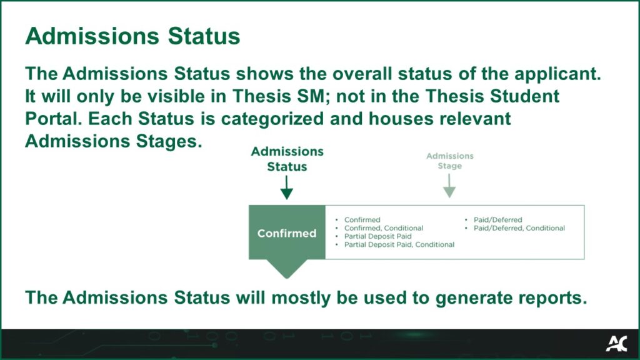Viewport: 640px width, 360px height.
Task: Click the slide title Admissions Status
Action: [x=132, y=36]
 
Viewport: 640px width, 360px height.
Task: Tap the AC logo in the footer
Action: [x=616, y=344]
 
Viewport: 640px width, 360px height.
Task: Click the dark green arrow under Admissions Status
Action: [x=286, y=187]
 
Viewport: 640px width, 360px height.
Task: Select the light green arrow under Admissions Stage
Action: [x=449, y=186]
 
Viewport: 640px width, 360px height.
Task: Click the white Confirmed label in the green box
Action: [x=287, y=233]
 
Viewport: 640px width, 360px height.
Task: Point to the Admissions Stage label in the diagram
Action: [x=450, y=161]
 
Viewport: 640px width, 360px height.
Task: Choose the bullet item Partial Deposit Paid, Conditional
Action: [x=399, y=244]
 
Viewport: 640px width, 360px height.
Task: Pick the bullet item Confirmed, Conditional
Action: [x=384, y=228]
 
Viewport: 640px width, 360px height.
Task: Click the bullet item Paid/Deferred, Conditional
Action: [x=519, y=228]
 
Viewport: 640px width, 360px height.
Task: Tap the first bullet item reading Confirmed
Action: [x=362, y=219]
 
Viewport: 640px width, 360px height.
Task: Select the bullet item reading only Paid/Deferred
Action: [x=497, y=219]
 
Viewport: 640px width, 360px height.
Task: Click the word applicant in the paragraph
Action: [x=557, y=74]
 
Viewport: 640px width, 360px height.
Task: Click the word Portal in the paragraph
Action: [x=54, y=119]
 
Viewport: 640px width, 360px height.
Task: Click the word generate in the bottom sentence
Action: [x=473, y=298]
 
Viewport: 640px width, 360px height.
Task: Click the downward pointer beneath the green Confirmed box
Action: [x=287, y=269]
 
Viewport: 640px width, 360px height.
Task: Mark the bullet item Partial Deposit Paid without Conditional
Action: [x=378, y=236]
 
